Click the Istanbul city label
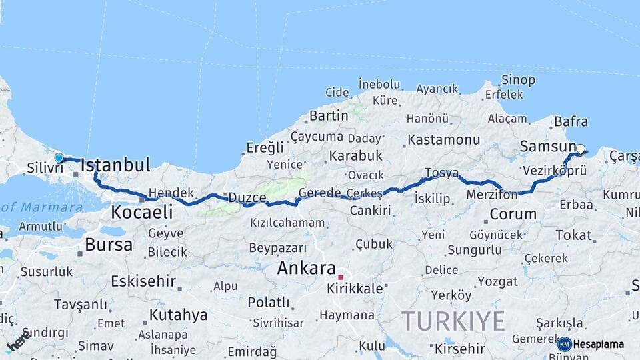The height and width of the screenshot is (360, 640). [115, 165]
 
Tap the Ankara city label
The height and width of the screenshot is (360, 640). [306, 269]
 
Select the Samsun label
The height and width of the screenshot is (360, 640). [547, 147]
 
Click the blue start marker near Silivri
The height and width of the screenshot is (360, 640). [59, 158]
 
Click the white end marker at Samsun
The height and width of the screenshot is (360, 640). [580, 149]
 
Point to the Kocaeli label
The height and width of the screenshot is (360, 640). [141, 213]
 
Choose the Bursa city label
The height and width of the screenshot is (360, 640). [108, 245]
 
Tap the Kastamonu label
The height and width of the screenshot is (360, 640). [443, 140]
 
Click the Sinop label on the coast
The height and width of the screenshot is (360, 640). [517, 80]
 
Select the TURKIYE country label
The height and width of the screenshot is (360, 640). [453, 321]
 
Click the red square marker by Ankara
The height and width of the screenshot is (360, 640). [340, 277]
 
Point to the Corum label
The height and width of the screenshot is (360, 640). [513, 214]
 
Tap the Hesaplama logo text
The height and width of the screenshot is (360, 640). [599, 344]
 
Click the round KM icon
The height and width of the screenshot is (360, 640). [564, 344]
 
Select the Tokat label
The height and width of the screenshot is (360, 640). [573, 235]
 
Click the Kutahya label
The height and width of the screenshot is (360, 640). [178, 315]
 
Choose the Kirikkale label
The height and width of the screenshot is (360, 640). [355, 289]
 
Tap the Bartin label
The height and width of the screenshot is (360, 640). [329, 115]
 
